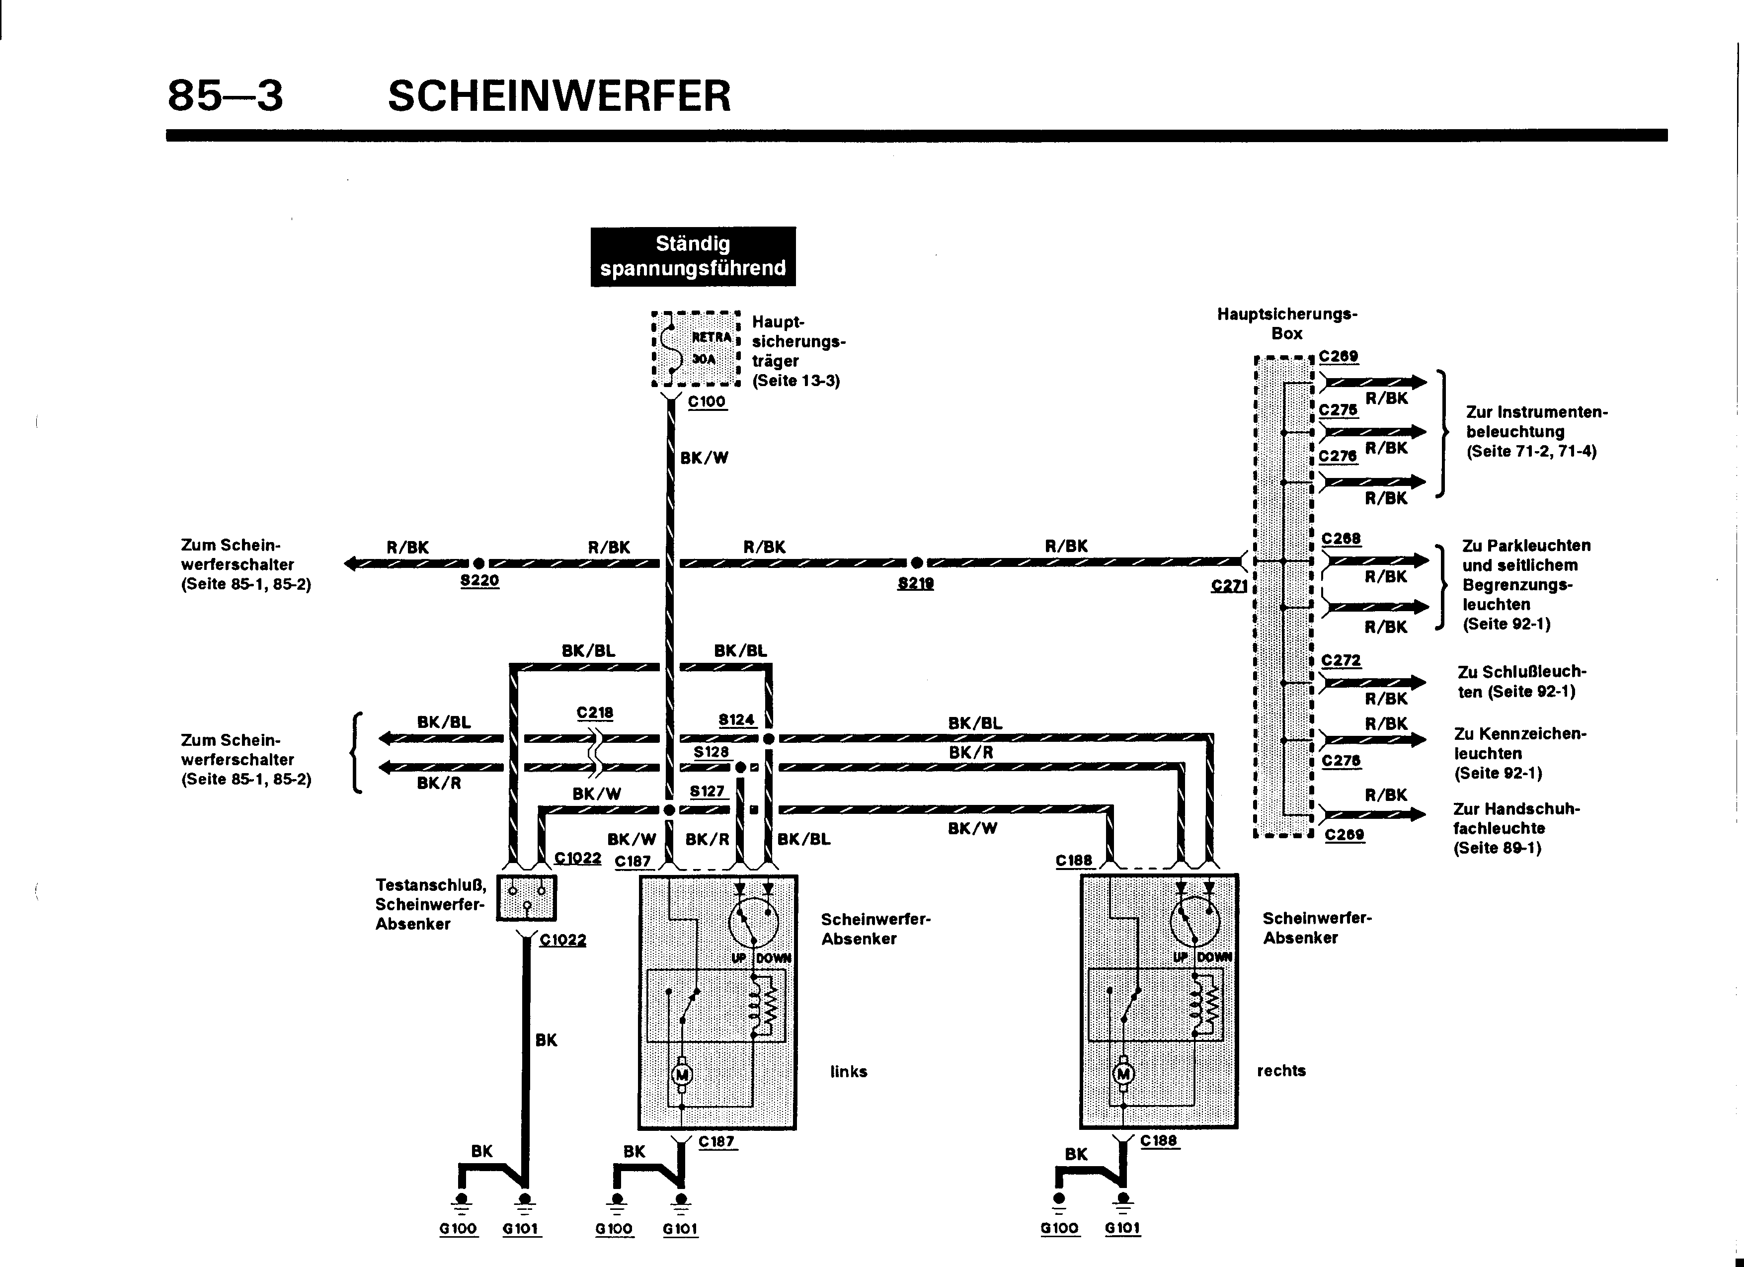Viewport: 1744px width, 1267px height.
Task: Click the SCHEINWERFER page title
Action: coord(559,96)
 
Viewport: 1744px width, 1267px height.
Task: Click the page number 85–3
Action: coord(225,96)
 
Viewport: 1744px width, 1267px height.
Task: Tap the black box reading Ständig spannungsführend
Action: coord(693,256)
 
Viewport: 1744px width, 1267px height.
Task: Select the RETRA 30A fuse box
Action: coord(695,349)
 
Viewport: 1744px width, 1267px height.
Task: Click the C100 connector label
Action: coord(707,401)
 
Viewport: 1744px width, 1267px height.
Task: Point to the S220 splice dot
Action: coord(479,563)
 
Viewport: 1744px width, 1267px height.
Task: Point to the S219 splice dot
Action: coord(917,563)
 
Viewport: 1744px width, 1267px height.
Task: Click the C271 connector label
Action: coord(1228,586)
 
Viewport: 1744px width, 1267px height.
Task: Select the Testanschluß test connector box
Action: coord(526,897)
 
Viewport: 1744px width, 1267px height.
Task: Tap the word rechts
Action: coord(1281,1070)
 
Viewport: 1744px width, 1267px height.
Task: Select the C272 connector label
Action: coord(1341,660)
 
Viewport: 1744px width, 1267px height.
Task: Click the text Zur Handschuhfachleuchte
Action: coord(1515,828)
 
